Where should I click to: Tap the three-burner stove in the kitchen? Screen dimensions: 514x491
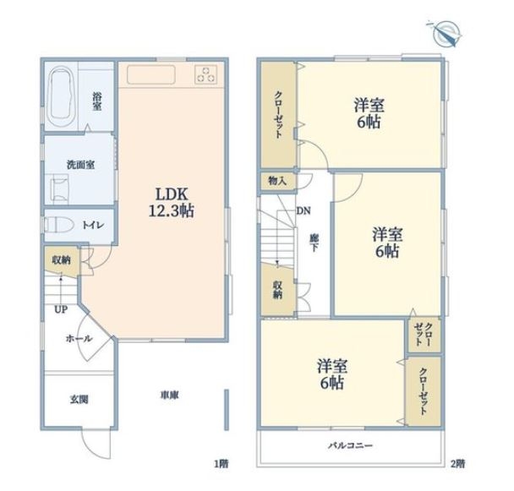(x=205, y=74)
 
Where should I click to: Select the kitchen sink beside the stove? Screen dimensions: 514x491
(x=150, y=74)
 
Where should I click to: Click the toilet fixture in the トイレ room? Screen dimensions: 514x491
(x=58, y=225)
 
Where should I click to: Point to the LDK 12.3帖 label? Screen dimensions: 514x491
(x=172, y=203)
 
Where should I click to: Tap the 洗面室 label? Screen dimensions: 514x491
(x=80, y=165)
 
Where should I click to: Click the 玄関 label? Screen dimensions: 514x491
(x=79, y=400)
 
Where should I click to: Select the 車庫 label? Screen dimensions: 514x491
(x=169, y=396)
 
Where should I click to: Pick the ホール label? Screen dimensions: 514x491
(x=79, y=339)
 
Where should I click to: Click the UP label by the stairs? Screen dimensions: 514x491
(x=61, y=309)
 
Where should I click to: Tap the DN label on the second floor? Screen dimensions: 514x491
(x=303, y=210)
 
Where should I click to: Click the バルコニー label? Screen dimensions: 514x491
(x=351, y=445)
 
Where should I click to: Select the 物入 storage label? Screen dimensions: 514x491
(x=277, y=181)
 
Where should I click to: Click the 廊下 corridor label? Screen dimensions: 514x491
(x=314, y=243)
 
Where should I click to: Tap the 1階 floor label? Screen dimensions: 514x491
(x=221, y=464)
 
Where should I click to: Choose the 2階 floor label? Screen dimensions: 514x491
(x=457, y=464)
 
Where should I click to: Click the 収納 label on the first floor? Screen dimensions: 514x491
(x=62, y=260)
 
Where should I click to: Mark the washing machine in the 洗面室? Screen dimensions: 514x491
(x=59, y=188)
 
